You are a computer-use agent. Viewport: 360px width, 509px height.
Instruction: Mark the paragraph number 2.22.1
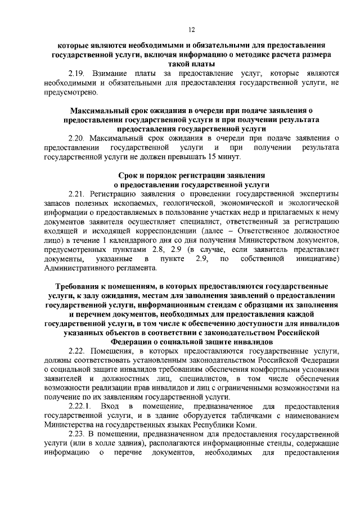[x=79, y=406]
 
